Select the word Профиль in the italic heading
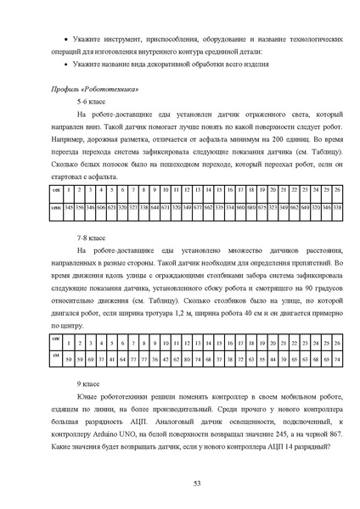[67, 88]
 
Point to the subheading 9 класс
[90, 384]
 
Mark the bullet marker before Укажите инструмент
[67, 40]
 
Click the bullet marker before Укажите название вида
[67, 64]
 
